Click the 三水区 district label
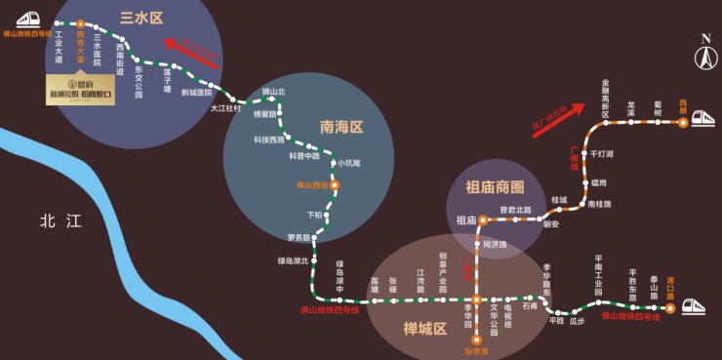140,18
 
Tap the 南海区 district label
341,126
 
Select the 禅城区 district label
424,329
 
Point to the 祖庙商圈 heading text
495,187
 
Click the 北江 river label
61,220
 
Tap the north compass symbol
703,54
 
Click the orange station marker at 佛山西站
334,183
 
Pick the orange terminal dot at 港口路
670,307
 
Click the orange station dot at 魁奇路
477,340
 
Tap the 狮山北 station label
273,92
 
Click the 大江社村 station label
225,108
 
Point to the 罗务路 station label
298,237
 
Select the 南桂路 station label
600,204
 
